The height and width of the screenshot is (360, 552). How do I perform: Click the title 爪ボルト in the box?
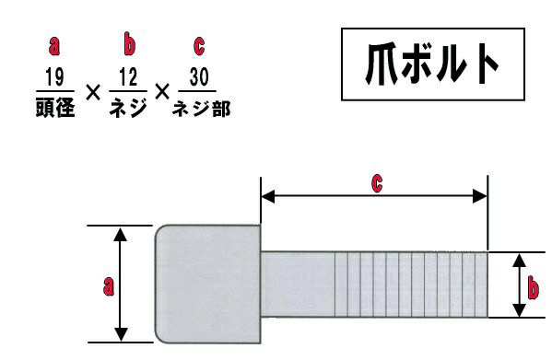[x=432, y=64]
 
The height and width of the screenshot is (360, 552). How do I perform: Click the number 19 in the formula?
[x=55, y=77]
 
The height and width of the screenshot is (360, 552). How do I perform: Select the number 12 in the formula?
[x=128, y=77]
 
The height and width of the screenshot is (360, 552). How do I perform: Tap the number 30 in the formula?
[x=199, y=77]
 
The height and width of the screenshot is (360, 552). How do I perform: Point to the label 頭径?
[x=55, y=107]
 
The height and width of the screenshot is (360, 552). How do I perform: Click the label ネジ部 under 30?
[x=202, y=109]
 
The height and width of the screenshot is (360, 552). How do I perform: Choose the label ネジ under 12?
[x=128, y=107]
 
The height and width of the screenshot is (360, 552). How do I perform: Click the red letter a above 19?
[x=54, y=46]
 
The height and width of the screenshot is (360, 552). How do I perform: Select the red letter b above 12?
[x=129, y=45]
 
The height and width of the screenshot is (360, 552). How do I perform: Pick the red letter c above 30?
[x=199, y=46]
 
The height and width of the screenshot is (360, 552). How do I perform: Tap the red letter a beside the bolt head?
[x=109, y=285]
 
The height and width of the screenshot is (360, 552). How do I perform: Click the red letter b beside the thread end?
[x=534, y=288]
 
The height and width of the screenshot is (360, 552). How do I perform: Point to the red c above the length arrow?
[x=377, y=183]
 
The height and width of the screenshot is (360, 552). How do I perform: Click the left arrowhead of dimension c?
[x=267, y=196]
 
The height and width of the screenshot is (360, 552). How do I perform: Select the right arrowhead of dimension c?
[x=480, y=196]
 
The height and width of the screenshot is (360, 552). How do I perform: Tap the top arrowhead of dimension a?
[x=121, y=234]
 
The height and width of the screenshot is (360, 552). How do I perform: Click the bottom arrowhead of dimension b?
[x=519, y=310]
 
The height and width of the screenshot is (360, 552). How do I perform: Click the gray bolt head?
[x=208, y=285]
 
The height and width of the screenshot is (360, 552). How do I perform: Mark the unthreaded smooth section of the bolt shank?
[x=298, y=285]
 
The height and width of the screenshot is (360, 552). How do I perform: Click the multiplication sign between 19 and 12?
[x=93, y=93]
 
